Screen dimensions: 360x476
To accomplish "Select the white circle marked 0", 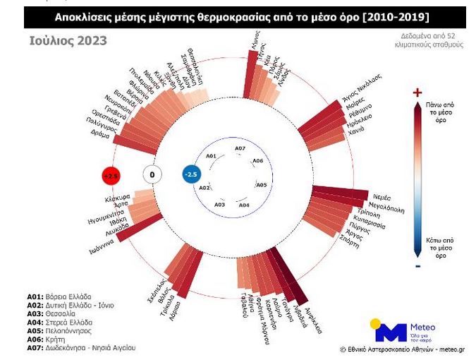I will [x=152, y=174].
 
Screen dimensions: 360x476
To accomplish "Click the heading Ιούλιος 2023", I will [x=68, y=41].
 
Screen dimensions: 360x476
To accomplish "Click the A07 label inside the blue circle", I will [x=240, y=149].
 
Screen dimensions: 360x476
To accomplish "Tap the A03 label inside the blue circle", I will [x=219, y=204].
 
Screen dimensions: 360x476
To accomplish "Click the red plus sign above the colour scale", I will [x=417, y=92].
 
